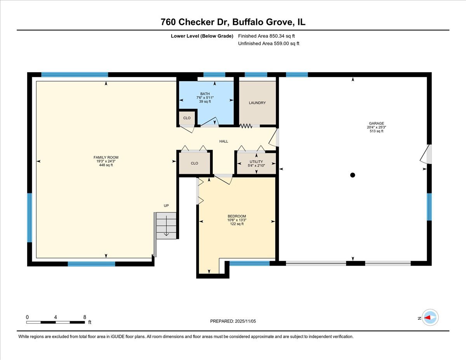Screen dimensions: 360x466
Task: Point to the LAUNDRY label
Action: (x=257, y=103)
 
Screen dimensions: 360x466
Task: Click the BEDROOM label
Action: (x=236, y=216)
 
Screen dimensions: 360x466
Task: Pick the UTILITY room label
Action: (x=256, y=162)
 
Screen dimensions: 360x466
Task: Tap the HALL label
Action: (x=224, y=141)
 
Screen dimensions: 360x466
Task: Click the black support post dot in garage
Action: (x=353, y=175)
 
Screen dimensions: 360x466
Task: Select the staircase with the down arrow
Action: (x=166, y=225)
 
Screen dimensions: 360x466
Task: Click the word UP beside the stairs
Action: (x=166, y=206)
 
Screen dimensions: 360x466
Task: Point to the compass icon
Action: (x=430, y=317)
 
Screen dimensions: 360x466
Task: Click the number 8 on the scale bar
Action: (x=85, y=317)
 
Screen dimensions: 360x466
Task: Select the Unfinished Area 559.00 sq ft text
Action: (x=269, y=43)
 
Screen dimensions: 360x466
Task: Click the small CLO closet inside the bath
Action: (x=187, y=118)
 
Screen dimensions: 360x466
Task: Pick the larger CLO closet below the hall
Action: (x=195, y=163)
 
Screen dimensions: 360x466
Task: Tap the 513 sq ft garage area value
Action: (x=376, y=131)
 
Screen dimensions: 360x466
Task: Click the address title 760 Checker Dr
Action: (x=195, y=22)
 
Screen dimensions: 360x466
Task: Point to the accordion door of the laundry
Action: (x=245, y=126)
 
